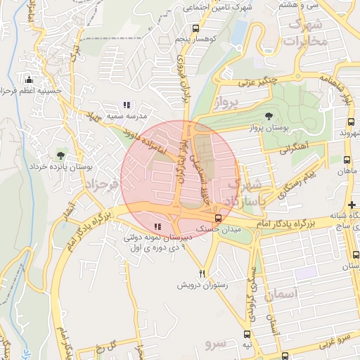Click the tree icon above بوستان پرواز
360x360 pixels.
[x=269, y=116]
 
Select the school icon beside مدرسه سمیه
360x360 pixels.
[x=126, y=105]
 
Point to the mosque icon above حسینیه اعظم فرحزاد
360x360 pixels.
[x=28, y=79]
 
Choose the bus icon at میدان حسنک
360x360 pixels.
[x=219, y=218]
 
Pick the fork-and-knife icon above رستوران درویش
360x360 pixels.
[x=202, y=274]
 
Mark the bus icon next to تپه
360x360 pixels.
[x=246, y=335]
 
